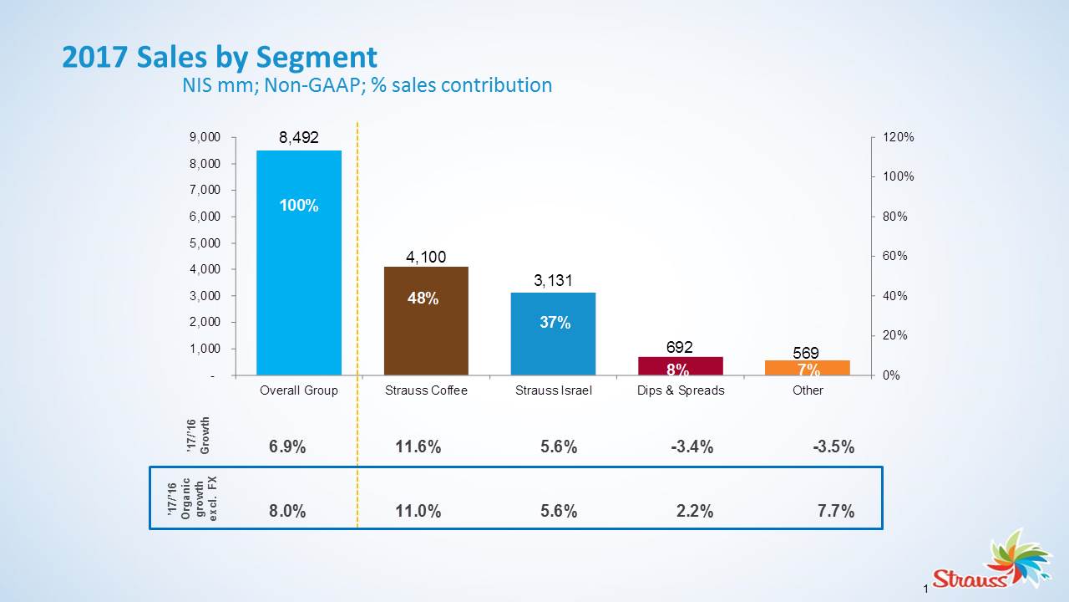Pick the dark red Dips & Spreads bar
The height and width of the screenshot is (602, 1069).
point(681,365)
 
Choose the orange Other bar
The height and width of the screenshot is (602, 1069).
point(808,367)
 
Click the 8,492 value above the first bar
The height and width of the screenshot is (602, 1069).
point(299,138)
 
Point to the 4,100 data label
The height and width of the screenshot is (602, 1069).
point(426,257)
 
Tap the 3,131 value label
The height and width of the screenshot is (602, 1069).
point(553,282)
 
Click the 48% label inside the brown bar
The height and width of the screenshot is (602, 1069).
point(423,298)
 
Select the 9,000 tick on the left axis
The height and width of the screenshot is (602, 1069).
point(205,137)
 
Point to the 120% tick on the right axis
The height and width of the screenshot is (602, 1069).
point(899,137)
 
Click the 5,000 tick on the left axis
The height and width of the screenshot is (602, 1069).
point(205,243)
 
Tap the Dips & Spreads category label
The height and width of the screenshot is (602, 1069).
point(681,390)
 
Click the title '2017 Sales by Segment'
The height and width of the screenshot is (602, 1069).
point(220,58)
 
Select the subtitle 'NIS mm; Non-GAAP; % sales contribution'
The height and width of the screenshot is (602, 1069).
point(367,84)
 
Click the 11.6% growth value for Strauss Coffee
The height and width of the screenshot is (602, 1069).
point(418,447)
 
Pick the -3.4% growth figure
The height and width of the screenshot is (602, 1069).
point(692,447)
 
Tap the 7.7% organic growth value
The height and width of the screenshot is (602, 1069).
point(836,512)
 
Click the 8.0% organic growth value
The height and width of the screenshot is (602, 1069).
point(287,512)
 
